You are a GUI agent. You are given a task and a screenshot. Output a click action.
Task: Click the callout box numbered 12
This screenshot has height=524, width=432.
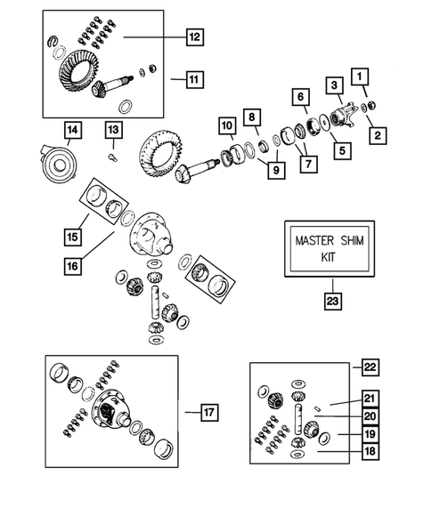pos(195,36)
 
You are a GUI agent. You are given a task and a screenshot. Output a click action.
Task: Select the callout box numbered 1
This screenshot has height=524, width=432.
pos(360,77)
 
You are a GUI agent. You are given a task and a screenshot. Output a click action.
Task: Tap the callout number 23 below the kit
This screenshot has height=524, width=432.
pos(332,301)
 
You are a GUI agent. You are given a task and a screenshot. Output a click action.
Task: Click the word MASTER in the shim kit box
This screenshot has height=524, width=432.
pos(314,240)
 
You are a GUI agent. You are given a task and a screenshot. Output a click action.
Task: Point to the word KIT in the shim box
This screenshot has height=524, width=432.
pos(329,257)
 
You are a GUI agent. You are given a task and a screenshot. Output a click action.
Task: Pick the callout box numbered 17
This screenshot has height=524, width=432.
pos(209,412)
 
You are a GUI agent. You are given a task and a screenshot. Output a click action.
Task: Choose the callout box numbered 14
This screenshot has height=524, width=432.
pos(73,130)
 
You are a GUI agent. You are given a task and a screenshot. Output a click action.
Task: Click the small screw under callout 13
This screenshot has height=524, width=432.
pos(112,157)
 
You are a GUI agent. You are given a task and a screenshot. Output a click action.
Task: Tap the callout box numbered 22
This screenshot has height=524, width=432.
pos(370,367)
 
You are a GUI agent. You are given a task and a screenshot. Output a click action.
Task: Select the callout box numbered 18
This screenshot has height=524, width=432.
pos(370,451)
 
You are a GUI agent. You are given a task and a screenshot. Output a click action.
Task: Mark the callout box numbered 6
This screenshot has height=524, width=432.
pos(300,97)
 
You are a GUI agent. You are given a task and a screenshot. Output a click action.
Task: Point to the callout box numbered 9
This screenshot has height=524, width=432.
pos(276,170)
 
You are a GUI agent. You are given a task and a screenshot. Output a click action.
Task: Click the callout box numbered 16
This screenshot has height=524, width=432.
pos(73,266)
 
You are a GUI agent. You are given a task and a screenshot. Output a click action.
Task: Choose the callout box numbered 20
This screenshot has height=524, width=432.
pos(370,416)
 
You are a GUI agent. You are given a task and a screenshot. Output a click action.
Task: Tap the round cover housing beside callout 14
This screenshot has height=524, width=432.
pos(59,163)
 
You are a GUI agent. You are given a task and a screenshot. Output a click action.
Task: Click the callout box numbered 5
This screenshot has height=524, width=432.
pos(342,150)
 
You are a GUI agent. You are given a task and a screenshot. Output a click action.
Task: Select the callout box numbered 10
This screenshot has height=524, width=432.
pos(227,125)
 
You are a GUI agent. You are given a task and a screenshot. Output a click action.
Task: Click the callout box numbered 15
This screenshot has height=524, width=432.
pos(73,237)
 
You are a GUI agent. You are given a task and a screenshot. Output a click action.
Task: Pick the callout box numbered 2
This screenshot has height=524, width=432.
pos(378,135)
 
